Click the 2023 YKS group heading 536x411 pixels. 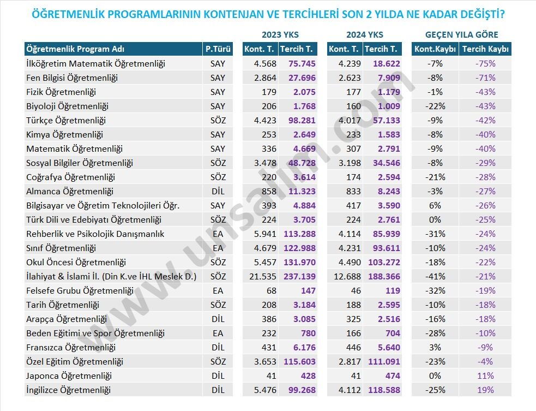280,35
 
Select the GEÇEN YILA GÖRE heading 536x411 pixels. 461,35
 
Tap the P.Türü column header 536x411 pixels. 218,49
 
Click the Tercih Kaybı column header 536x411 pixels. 485,49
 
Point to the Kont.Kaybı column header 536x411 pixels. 435,49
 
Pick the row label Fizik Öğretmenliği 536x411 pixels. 61,92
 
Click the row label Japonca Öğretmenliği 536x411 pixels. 69,376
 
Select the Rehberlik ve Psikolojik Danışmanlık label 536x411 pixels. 95,234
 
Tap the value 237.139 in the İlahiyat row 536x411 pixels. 299,277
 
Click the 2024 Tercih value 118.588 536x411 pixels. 384,390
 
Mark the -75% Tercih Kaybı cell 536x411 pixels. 485,64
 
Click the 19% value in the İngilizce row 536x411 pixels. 485,390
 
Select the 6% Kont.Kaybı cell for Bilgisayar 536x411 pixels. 435,206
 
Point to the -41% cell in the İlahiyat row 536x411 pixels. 435,277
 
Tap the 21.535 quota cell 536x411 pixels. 262,277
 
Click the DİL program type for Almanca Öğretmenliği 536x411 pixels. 218,191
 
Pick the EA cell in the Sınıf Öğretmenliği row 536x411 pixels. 218,248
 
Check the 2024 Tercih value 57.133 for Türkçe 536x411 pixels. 386,121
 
